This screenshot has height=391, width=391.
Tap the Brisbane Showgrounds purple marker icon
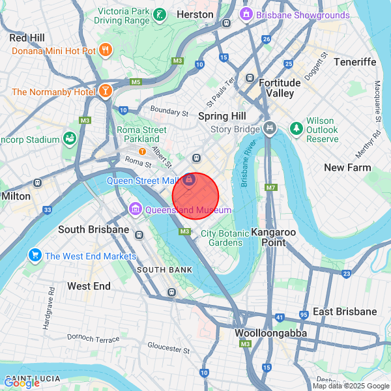[246, 14]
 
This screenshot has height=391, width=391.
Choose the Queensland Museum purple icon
[136, 209]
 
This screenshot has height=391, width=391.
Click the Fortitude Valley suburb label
[280, 88]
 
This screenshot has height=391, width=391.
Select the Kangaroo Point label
[274, 237]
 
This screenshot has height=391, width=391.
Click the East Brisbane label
[345, 311]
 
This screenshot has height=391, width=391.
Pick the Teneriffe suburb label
[355, 61]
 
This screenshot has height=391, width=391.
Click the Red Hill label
[27, 38]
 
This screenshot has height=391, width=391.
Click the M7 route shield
[272, 188]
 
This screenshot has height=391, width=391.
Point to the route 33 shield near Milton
[48, 210]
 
